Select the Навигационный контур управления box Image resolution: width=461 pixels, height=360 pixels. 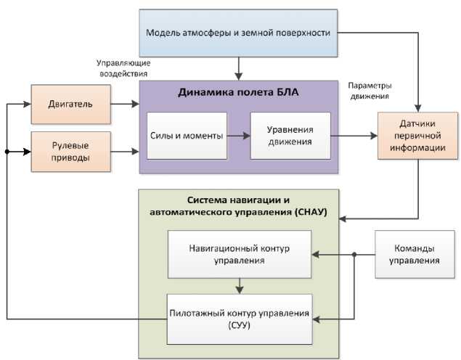tap(239, 254)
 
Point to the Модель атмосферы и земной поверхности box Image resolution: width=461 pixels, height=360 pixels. tap(238, 33)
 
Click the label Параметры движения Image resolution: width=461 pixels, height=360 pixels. tap(370, 89)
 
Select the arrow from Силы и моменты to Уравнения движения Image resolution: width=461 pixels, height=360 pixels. tap(236, 135)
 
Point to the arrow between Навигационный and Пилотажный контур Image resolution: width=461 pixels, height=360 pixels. tap(239, 285)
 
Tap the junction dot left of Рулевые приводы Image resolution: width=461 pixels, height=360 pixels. tap(7, 152)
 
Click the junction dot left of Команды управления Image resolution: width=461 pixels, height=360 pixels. tap(354, 254)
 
